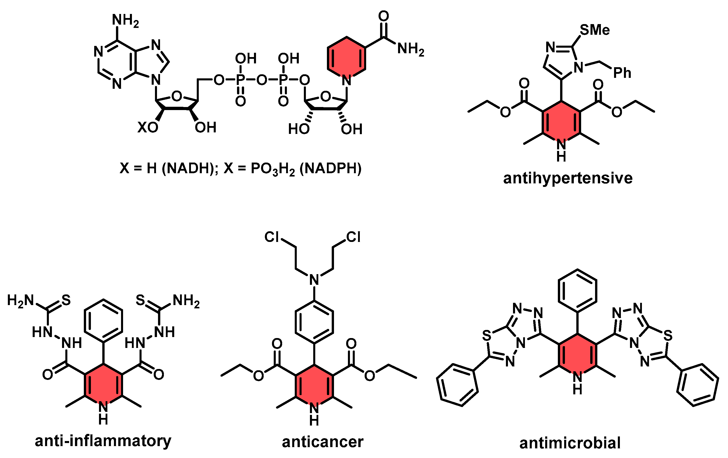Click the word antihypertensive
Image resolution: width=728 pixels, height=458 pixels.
[567, 178]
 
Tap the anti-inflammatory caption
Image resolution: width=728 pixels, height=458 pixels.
[103, 441]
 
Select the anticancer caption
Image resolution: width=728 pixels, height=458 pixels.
[322, 442]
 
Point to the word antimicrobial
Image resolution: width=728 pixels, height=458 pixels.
[570, 443]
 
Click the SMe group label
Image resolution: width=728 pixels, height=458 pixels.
[594, 30]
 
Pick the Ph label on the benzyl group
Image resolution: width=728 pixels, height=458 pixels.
[622, 73]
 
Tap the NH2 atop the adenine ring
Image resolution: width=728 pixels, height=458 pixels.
[125, 20]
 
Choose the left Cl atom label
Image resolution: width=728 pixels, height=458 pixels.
[271, 237]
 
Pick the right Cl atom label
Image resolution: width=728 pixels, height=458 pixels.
[353, 237]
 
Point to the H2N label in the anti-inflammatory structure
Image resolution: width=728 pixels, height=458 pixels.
[21, 301]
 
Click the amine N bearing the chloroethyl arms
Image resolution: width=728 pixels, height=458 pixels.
[314, 279]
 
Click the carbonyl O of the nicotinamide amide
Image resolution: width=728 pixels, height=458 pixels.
[383, 16]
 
